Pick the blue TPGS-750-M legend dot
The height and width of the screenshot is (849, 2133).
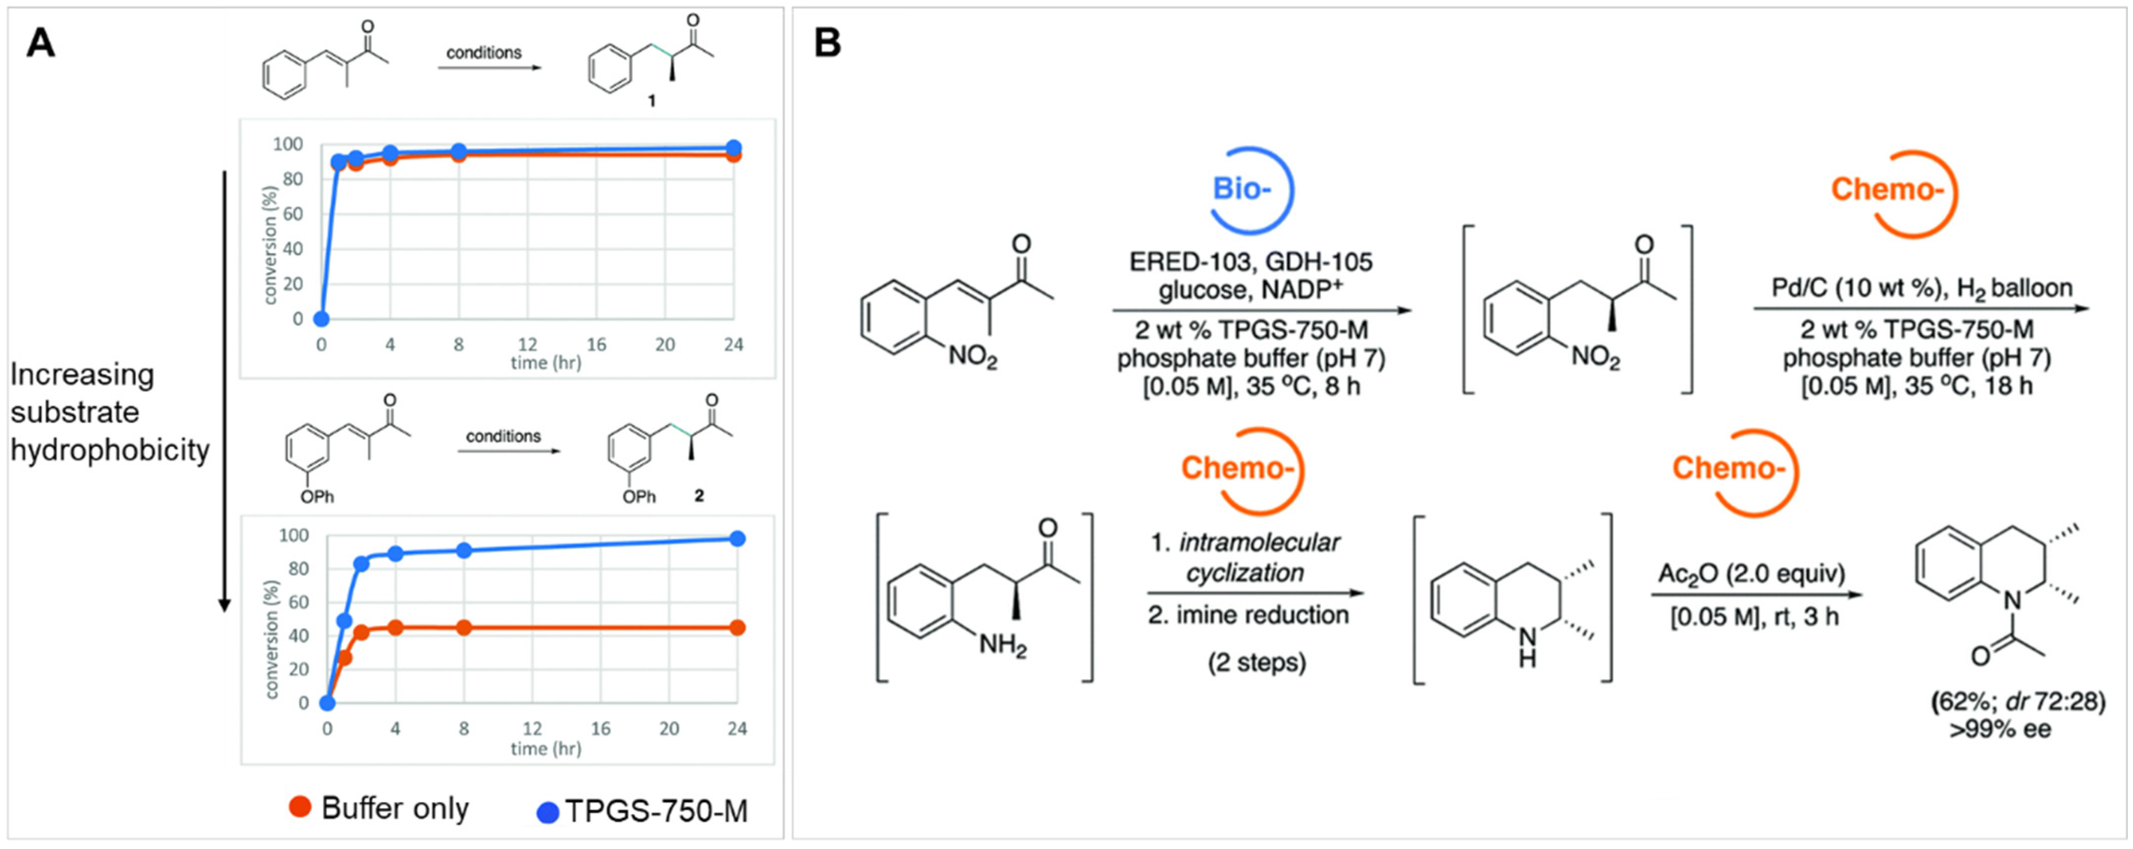(547, 812)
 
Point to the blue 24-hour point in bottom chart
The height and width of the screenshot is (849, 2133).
(736, 539)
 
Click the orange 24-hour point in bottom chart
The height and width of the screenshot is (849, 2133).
(736, 628)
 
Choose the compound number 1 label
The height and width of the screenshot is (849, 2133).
(652, 101)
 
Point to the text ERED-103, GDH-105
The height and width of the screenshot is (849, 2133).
(1250, 262)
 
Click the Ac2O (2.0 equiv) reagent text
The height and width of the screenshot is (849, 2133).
(1751, 573)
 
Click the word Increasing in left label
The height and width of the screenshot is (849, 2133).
(82, 374)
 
